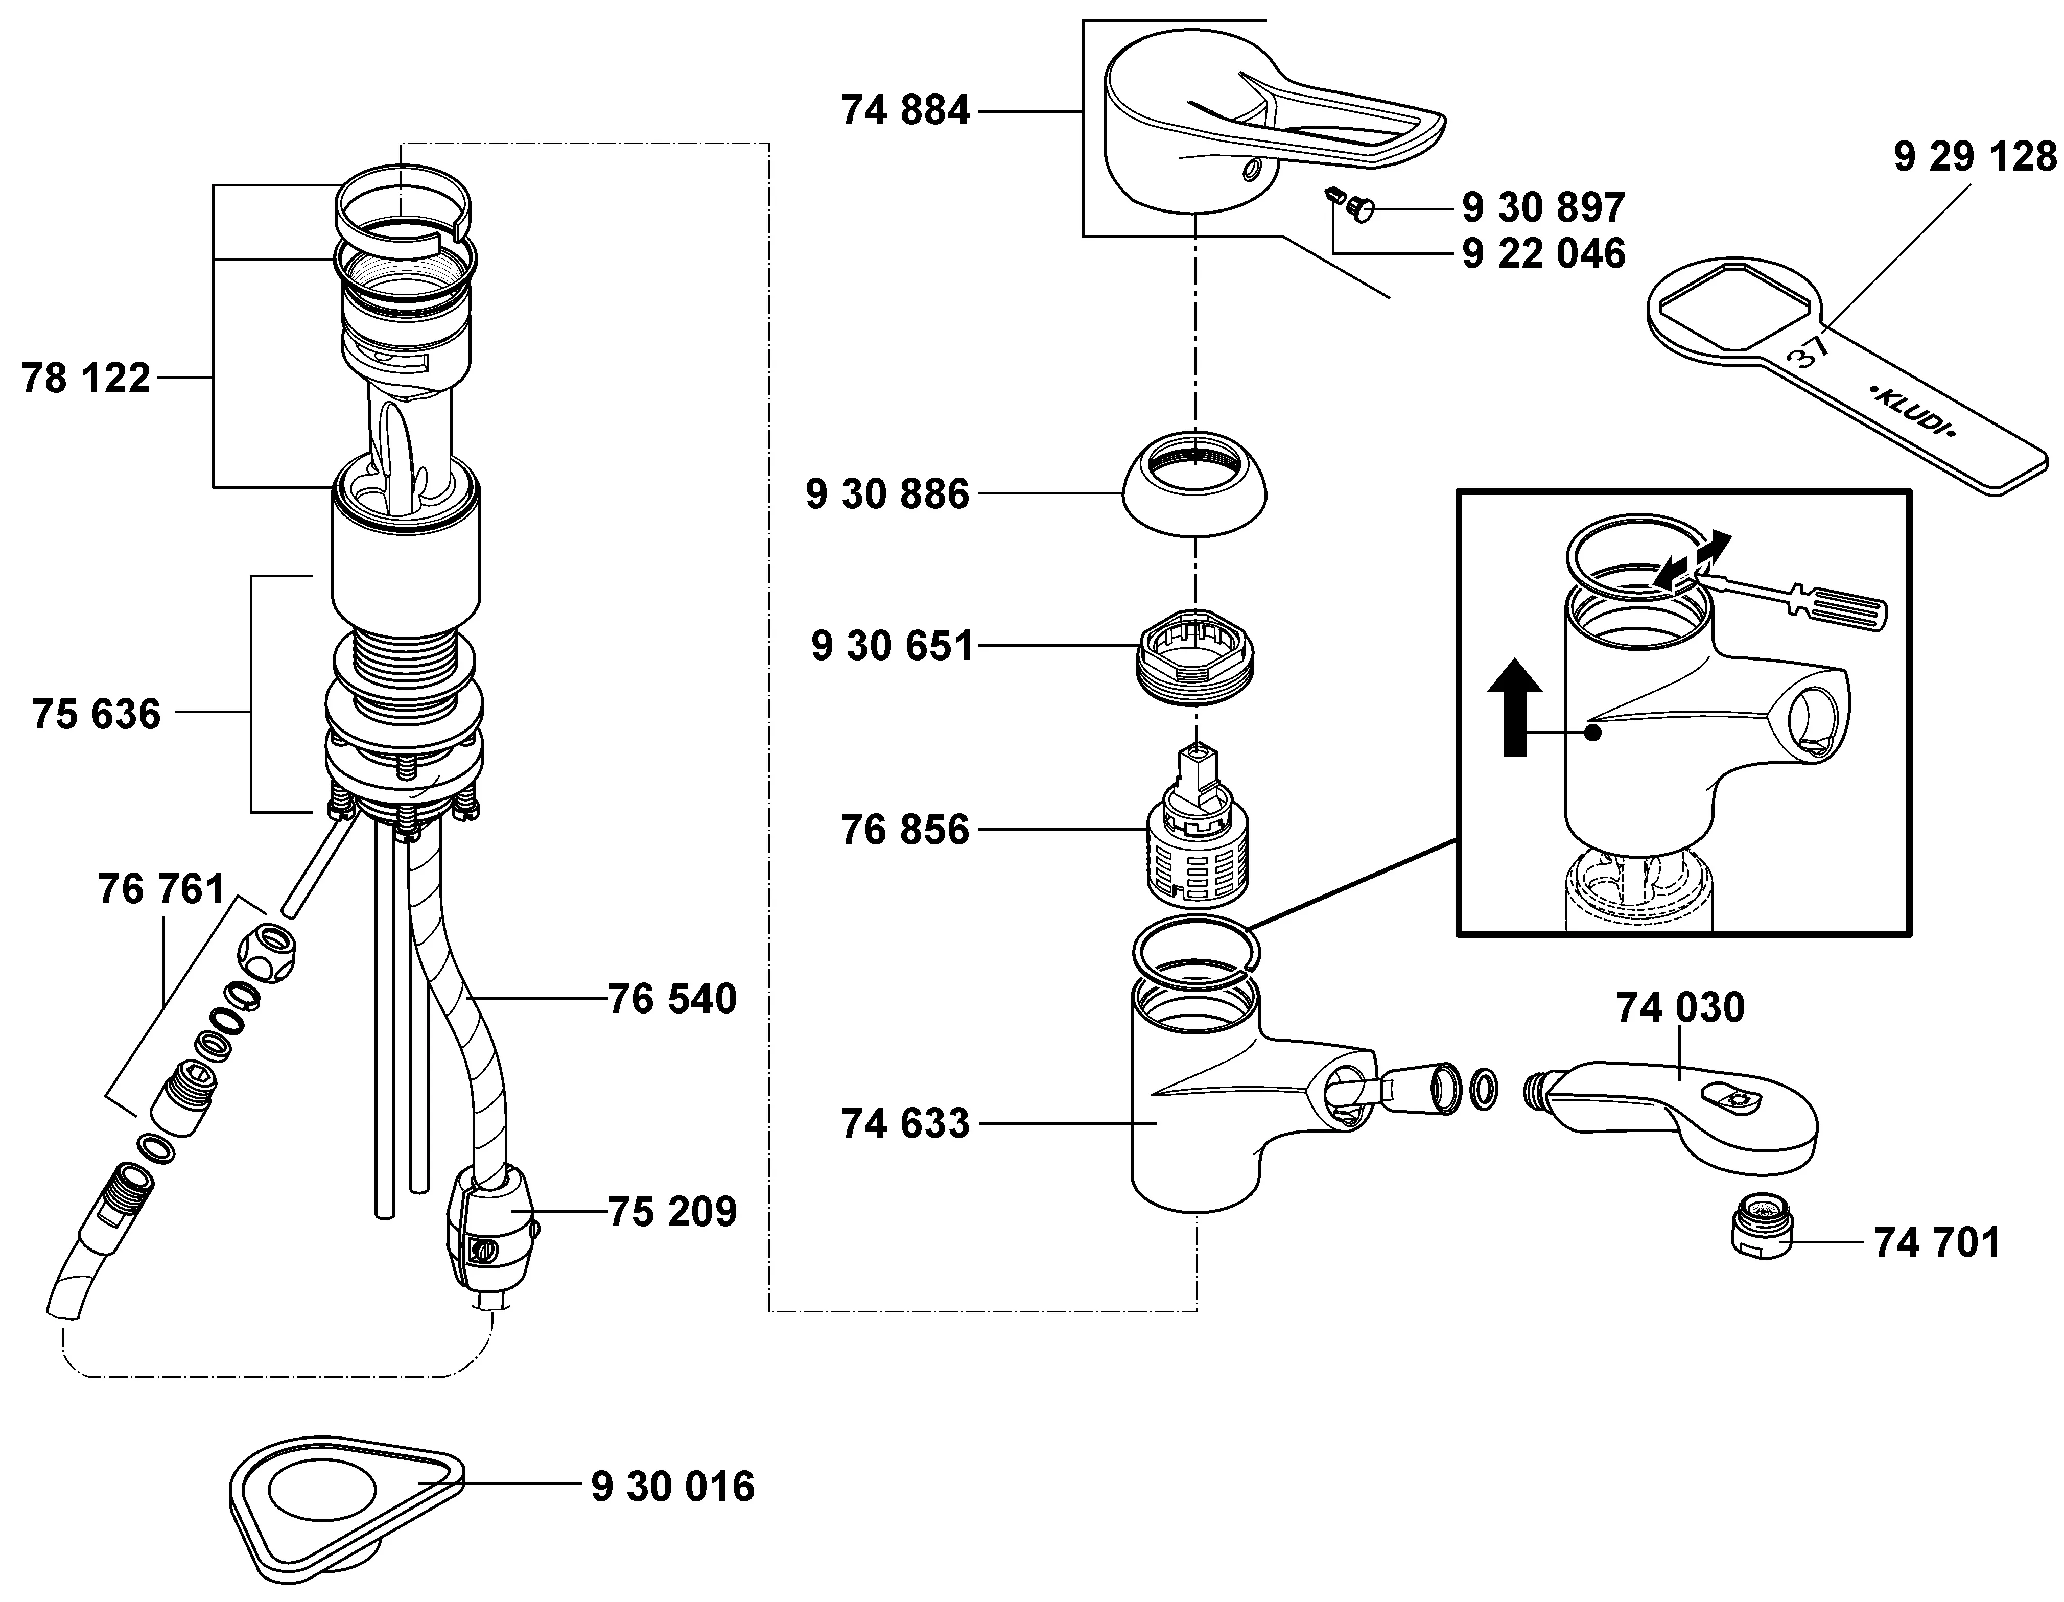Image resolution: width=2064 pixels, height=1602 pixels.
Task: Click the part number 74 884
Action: click(x=905, y=111)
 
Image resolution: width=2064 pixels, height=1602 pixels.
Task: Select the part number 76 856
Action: click(x=905, y=831)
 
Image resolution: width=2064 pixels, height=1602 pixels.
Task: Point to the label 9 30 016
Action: click(x=673, y=1487)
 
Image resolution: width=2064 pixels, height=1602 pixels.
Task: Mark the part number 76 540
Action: click(x=672, y=999)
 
